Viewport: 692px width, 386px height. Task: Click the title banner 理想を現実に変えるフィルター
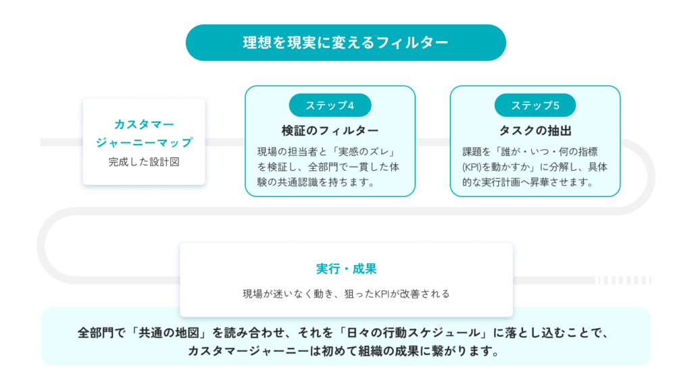345,43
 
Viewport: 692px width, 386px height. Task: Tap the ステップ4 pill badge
330,105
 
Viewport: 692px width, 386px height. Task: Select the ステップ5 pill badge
535,105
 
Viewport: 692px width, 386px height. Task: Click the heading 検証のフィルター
330,130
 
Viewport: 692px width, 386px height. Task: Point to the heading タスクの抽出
535,130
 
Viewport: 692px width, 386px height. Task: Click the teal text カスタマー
144,124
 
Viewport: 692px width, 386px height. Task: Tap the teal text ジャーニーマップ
144,142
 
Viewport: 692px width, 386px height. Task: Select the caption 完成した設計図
144,162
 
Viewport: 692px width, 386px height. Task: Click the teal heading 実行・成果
346,269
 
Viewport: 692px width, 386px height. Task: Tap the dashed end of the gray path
623,280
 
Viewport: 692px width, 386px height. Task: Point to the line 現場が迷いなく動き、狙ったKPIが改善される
346,294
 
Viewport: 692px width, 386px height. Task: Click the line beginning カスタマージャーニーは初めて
344,351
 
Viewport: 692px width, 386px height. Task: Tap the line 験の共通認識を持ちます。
316,182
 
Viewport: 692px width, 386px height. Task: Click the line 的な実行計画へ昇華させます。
528,182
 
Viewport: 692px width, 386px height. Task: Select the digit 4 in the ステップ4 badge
351,106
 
